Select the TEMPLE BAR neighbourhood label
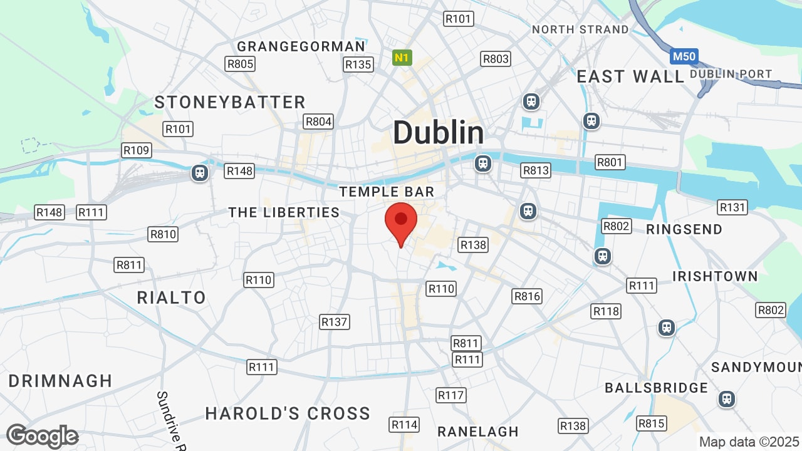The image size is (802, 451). (x=387, y=192)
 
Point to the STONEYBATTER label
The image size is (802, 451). (x=230, y=102)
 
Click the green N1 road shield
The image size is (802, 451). (x=402, y=58)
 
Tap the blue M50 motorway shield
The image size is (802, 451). (x=684, y=57)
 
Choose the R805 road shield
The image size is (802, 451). (x=240, y=63)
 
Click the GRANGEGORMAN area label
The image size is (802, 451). (x=301, y=47)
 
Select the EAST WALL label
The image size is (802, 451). (x=630, y=77)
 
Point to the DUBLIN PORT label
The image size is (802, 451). (x=731, y=74)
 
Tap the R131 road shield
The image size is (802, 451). (x=732, y=207)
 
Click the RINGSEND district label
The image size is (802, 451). (x=684, y=229)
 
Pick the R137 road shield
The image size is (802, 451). (x=335, y=322)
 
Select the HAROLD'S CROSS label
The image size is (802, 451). (x=288, y=413)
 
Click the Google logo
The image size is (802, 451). (x=43, y=436)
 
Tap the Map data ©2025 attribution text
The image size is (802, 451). (x=749, y=441)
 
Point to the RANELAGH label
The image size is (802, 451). (x=478, y=432)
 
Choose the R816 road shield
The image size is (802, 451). (x=526, y=296)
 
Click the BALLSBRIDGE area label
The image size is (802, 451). (x=656, y=388)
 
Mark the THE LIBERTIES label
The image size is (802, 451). (x=284, y=212)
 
